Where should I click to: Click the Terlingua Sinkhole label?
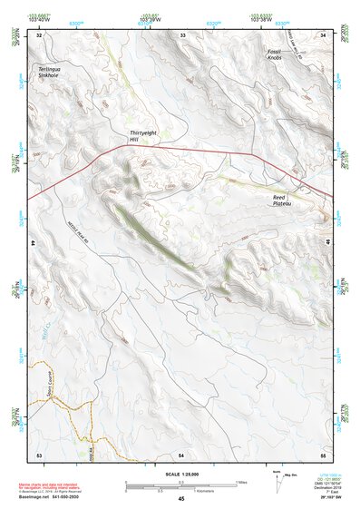47,73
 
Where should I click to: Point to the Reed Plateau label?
287,200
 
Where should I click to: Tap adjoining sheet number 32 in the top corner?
39,34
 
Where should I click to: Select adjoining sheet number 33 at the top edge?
182,34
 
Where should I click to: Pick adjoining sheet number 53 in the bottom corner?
39,453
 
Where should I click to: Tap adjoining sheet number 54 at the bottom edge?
181,453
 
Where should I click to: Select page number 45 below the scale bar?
181,498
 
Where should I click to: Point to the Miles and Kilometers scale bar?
181,485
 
